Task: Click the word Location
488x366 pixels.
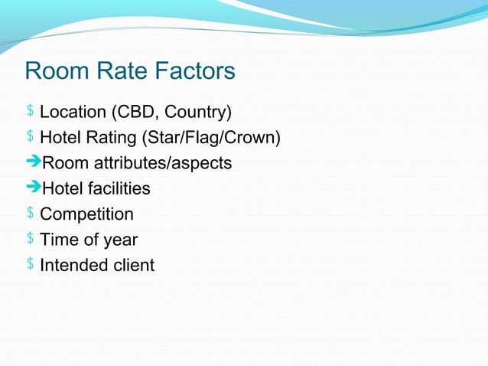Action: pyautogui.click(x=73, y=113)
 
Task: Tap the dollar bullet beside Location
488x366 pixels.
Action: pyautogui.click(x=30, y=112)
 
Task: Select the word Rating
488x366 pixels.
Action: pyautogui.click(x=115, y=138)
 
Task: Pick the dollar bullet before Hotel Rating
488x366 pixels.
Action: pyautogui.click(x=30, y=137)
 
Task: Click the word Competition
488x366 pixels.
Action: pyautogui.click(x=86, y=214)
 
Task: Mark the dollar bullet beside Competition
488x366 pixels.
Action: pyautogui.click(x=30, y=214)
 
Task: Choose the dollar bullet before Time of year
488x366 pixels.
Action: pyautogui.click(x=30, y=239)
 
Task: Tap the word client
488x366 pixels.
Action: pyautogui.click(x=132, y=266)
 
